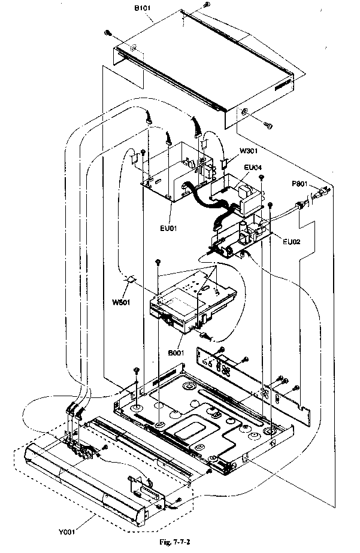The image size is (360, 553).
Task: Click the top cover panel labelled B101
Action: pos(204,66)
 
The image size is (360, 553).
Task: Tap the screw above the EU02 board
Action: pos(271,204)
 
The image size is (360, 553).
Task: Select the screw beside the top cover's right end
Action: pos(268,124)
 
